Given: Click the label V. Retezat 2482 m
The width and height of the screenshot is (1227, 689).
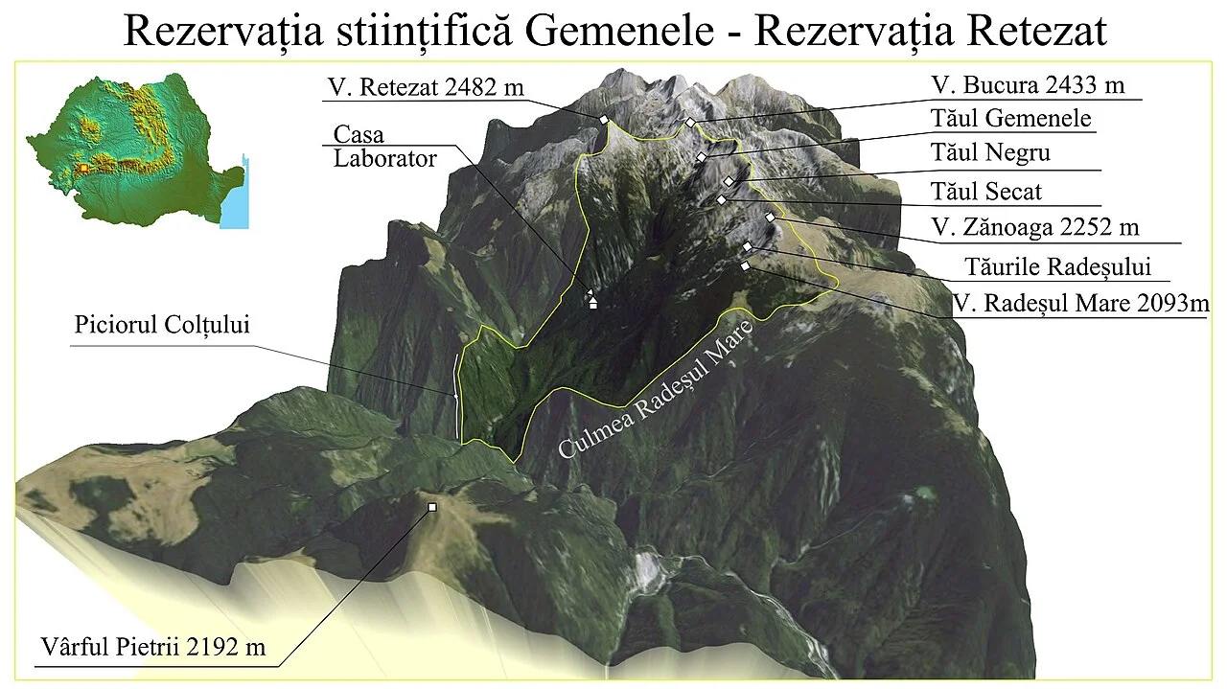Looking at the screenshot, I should [426, 87].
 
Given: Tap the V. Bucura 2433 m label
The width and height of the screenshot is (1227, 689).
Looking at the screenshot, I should [1028, 85].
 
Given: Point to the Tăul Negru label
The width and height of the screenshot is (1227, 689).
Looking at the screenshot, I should [991, 153].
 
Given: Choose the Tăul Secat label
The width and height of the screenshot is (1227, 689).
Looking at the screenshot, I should [986, 192].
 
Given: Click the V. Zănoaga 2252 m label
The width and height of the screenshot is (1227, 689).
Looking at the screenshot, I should [1035, 228].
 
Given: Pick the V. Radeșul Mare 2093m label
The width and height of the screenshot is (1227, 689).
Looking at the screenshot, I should [1080, 304].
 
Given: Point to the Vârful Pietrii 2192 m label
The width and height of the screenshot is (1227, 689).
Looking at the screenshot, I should [153, 647].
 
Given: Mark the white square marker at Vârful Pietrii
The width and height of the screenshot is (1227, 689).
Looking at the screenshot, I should [432, 507].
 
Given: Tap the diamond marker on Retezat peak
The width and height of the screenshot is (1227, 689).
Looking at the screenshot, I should [604, 119].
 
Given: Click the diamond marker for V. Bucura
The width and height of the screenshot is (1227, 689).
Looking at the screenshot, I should [689, 123].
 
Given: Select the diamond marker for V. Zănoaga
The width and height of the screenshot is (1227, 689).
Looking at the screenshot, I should [770, 218].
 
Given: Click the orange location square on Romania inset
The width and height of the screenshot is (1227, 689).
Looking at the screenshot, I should [83, 168].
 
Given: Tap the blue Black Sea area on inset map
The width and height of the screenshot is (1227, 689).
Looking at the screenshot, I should [234, 207].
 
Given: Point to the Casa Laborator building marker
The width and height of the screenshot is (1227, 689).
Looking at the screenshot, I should [592, 303].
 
